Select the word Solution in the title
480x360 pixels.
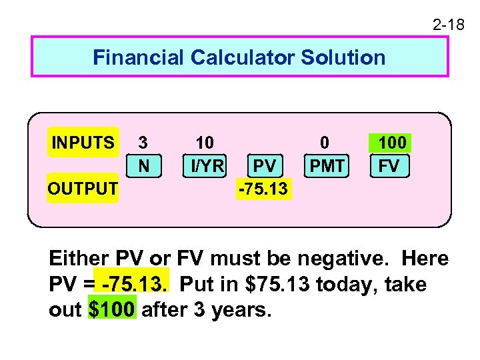tap(343, 57)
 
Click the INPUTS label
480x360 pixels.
tap(83, 143)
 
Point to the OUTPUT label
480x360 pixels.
tap(83, 189)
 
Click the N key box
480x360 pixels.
tap(143, 165)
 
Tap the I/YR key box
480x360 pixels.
tap(205, 165)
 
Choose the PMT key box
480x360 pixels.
tap(327, 165)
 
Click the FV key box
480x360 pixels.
tap(389, 165)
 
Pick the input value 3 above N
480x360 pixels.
tap(143, 143)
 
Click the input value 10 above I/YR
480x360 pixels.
tap(204, 143)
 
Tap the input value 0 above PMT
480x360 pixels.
tap(325, 143)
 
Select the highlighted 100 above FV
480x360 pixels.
tap(391, 143)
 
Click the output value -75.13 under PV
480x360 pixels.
tap(263, 189)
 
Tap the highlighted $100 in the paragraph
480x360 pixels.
tap(112, 310)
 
